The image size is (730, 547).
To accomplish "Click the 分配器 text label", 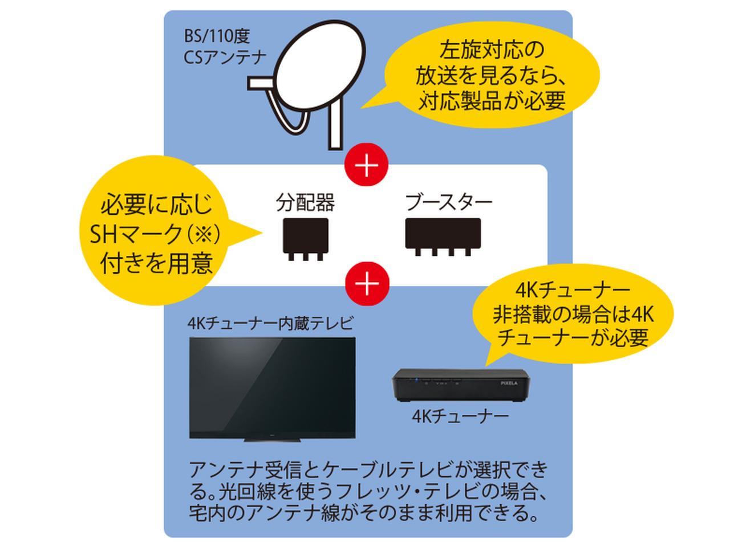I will tap(305, 202).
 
